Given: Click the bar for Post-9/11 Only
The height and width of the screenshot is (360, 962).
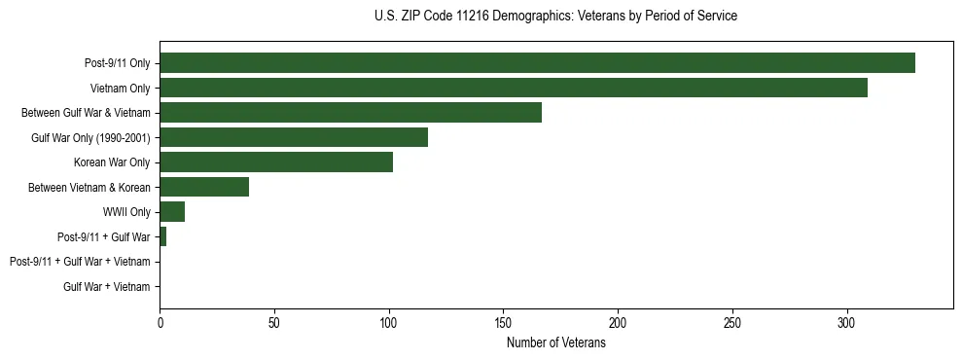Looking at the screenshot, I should click(x=537, y=63).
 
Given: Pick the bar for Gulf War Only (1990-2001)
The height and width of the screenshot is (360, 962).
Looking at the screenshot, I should click(x=294, y=137).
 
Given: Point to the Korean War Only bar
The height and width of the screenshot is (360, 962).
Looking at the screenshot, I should click(x=276, y=162).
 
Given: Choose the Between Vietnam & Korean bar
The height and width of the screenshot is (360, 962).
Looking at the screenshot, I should click(x=204, y=187).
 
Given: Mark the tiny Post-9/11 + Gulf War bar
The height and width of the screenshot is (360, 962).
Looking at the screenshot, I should click(x=162, y=236).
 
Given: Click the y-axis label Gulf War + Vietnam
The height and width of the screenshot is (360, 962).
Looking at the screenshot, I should click(x=107, y=287).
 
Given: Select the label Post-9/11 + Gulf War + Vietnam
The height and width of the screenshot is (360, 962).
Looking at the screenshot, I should click(x=80, y=262).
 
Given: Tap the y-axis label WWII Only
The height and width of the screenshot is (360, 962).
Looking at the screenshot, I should click(x=126, y=212).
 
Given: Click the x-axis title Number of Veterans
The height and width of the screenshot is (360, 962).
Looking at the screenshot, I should click(x=555, y=342).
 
